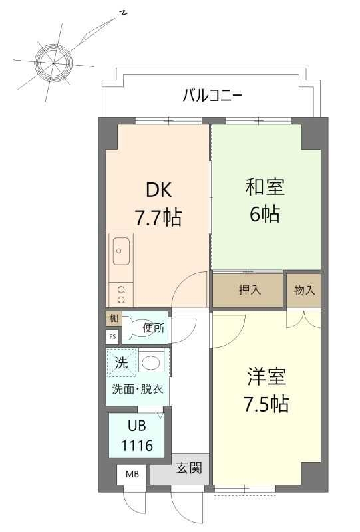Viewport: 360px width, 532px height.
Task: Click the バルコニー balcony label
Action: tap(212, 96)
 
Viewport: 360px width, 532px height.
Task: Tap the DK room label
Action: tap(159, 190)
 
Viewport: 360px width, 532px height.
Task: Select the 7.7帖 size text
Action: tap(158, 217)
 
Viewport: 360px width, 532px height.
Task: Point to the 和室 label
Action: tap(265, 188)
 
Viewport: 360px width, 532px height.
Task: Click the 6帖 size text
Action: tap(265, 215)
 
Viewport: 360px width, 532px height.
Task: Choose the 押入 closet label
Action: tap(250, 290)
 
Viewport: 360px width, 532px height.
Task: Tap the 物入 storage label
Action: tap(305, 290)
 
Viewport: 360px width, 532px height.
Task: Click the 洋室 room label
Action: tap(266, 377)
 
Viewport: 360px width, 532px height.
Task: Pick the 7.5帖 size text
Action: tap(266, 404)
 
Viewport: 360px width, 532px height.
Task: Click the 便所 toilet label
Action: tap(154, 327)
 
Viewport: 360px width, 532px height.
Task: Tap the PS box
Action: tap(112, 336)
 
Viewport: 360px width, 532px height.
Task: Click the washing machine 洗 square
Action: tap(122, 363)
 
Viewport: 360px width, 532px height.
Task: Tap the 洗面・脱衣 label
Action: tap(137, 389)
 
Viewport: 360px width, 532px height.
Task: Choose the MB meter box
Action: tap(133, 475)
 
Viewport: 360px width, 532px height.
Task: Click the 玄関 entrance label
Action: tap(189, 469)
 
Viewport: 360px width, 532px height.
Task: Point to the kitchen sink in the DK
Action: tap(121, 250)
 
